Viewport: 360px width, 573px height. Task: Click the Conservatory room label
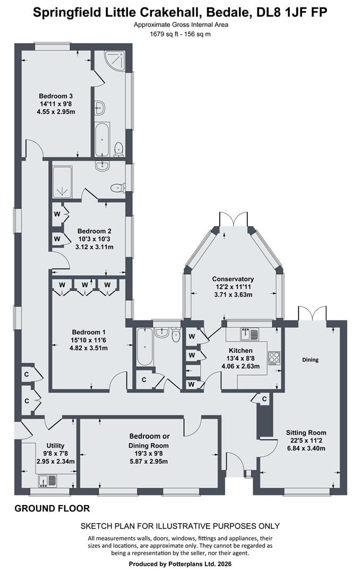pyautogui.click(x=233, y=279)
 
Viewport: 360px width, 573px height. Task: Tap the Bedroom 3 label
pyautogui.click(x=56, y=96)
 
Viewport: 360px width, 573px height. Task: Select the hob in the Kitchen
pyautogui.click(x=275, y=358)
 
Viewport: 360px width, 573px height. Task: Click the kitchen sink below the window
pyautogui.click(x=250, y=334)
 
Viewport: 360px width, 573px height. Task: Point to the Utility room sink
pyautogui.click(x=48, y=480)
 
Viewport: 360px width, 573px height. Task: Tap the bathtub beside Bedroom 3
pyautogui.click(x=102, y=139)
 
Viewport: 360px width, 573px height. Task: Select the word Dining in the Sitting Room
pyautogui.click(x=310, y=360)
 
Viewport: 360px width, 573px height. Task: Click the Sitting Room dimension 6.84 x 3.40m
pyautogui.click(x=306, y=448)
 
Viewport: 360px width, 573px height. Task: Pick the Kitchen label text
pyautogui.click(x=241, y=351)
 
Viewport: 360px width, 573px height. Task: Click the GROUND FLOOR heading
pyautogui.click(x=52, y=508)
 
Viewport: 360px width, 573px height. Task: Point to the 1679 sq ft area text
pyautogui.click(x=164, y=34)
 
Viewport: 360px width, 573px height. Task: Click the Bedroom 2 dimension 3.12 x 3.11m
pyautogui.click(x=95, y=247)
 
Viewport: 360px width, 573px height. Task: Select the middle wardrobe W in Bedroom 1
pyautogui.click(x=84, y=285)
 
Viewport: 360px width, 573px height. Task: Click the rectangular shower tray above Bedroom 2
pyautogui.click(x=62, y=181)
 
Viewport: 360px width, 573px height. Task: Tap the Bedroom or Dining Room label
pyautogui.click(x=149, y=441)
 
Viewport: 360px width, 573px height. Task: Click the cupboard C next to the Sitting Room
pyautogui.click(x=264, y=399)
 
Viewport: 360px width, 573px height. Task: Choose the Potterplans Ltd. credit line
pyautogui.click(x=180, y=564)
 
